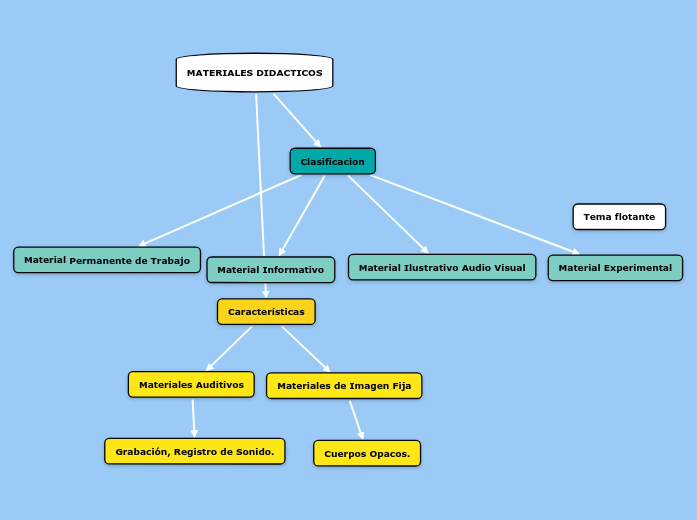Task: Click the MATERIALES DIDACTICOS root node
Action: pos(254,73)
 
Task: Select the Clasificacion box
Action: pos(332,161)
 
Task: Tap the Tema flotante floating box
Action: pos(619,217)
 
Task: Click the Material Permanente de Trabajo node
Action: pos(107,260)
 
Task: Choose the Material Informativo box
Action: pos(270,270)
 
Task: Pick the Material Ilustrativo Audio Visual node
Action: pos(441,267)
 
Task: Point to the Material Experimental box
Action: pos(615,268)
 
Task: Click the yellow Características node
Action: pos(266,312)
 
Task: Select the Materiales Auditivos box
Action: pos(191,384)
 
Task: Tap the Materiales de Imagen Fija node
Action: pos(344,386)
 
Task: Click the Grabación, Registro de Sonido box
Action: pos(194,451)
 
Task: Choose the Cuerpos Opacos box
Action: pos(367,453)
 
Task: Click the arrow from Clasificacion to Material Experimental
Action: pos(475,215)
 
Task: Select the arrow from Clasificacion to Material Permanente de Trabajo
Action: pos(220,210)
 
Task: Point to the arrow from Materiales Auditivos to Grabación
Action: pos(194,418)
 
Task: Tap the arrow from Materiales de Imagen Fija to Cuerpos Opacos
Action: pos(356,418)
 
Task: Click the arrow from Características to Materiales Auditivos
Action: pos(230,348)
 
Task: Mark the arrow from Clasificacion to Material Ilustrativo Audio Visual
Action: pos(388,214)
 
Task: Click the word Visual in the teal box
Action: pos(507,267)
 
